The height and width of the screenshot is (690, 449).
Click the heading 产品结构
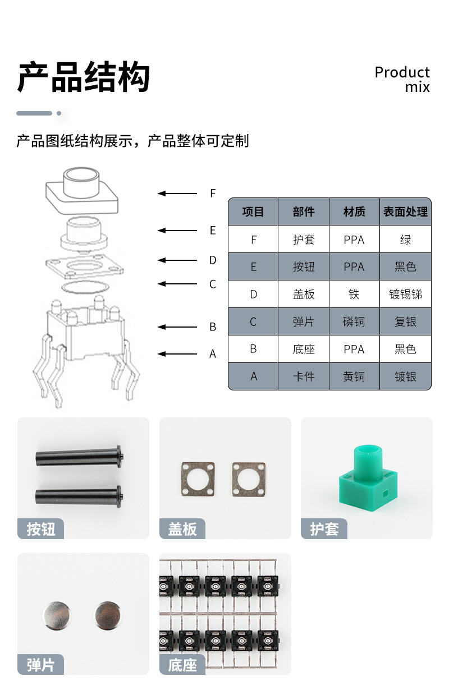pyautogui.click(x=84, y=77)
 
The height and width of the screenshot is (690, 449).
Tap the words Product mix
pyautogui.click(x=402, y=79)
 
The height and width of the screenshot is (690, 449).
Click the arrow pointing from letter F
pyautogui.click(x=177, y=194)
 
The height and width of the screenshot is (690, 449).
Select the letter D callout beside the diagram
pyautogui.click(x=213, y=260)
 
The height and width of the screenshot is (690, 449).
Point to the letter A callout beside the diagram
pyautogui.click(x=213, y=354)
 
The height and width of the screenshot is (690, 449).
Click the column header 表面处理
pyautogui.click(x=405, y=212)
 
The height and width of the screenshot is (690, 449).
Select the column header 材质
pyautogui.click(x=354, y=212)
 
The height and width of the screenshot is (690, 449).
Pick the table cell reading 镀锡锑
pyautogui.click(x=405, y=294)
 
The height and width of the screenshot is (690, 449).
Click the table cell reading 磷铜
pyautogui.click(x=354, y=321)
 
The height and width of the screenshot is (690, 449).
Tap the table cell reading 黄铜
pyautogui.click(x=354, y=376)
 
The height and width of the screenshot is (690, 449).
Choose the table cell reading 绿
pyautogui.click(x=405, y=240)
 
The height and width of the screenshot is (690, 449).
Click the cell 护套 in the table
pyautogui.click(x=304, y=240)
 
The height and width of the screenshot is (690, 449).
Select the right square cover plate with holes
pyautogui.click(x=249, y=479)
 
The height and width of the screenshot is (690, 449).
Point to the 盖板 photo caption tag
pyautogui.click(x=182, y=529)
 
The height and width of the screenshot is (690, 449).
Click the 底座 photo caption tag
pyautogui.click(x=182, y=665)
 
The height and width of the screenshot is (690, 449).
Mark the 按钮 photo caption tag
pyautogui.click(x=40, y=529)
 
